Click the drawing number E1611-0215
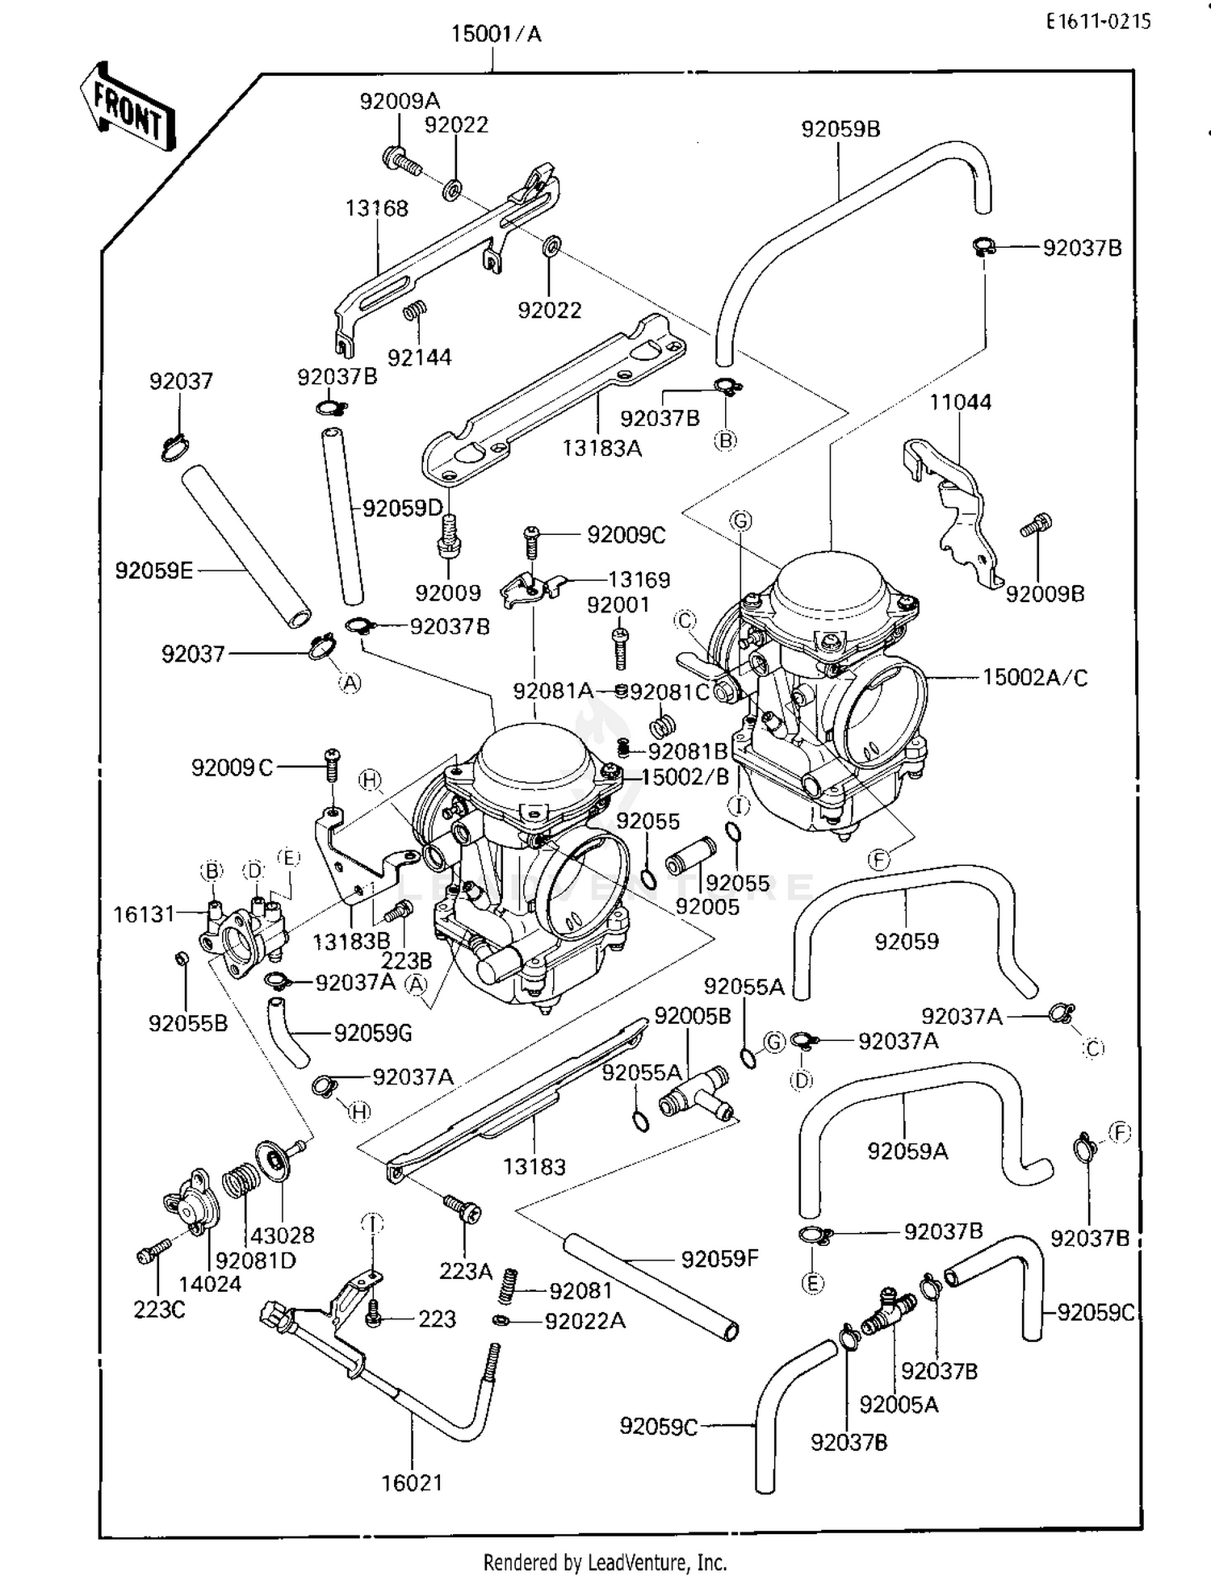click(1098, 22)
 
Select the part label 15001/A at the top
click(496, 34)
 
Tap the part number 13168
click(377, 208)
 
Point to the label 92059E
click(153, 571)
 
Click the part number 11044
click(960, 402)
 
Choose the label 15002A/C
click(1034, 678)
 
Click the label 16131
click(144, 914)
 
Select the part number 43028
click(283, 1235)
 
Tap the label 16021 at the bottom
click(412, 1482)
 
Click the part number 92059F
click(720, 1259)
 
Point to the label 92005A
click(899, 1405)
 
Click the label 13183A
click(602, 448)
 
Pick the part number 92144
click(419, 357)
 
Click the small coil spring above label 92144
click(415, 311)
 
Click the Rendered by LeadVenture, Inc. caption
click(605, 1562)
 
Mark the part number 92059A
click(907, 1151)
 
